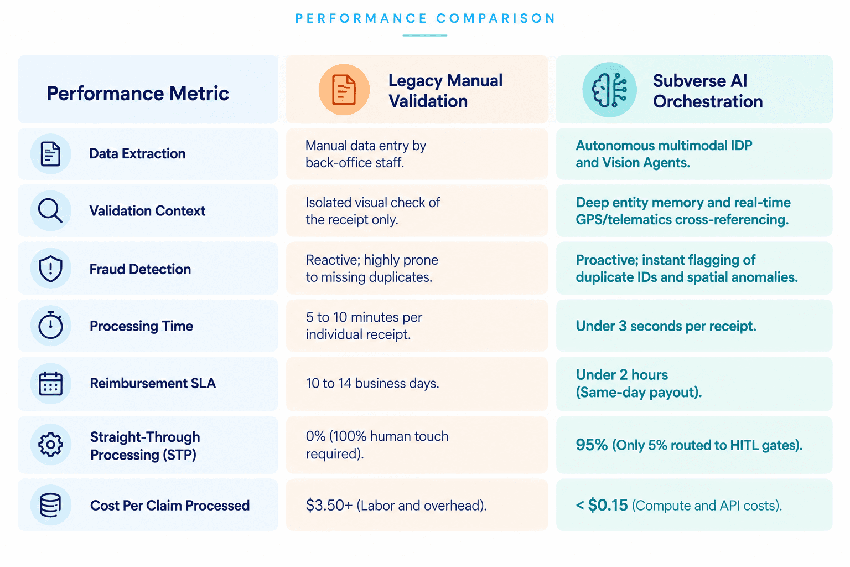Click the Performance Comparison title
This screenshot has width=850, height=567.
[x=425, y=18]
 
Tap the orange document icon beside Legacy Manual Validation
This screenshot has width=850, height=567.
[x=344, y=90]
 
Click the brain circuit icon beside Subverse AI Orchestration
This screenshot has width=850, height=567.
[x=609, y=90]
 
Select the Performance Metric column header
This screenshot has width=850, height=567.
[x=138, y=94]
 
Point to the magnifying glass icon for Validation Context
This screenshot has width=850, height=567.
[x=50, y=210]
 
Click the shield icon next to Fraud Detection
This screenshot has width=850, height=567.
[x=50, y=269]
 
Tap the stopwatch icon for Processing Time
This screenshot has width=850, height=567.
[x=50, y=325]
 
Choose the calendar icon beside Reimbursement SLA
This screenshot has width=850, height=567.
[x=50, y=384]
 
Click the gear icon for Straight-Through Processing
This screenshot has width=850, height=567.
[x=50, y=444]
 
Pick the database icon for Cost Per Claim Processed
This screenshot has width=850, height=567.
[x=50, y=505]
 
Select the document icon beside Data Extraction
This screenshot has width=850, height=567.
[x=50, y=154]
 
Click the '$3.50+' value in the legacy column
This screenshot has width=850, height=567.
[x=329, y=505]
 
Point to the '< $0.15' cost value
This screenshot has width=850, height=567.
[x=602, y=505]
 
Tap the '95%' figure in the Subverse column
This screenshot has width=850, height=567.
[x=592, y=445]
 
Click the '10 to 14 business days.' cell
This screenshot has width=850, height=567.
[x=372, y=383]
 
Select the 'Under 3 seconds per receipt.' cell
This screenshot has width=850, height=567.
[x=666, y=326]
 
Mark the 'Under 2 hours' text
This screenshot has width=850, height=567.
[x=621, y=374]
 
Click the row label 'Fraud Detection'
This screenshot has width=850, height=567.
[x=140, y=269]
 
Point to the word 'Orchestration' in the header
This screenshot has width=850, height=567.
[x=708, y=101]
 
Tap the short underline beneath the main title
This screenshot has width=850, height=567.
[x=425, y=35]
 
